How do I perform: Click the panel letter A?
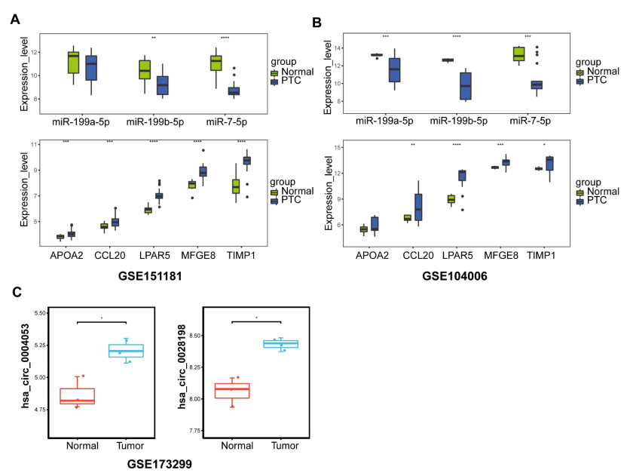click(15, 20)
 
